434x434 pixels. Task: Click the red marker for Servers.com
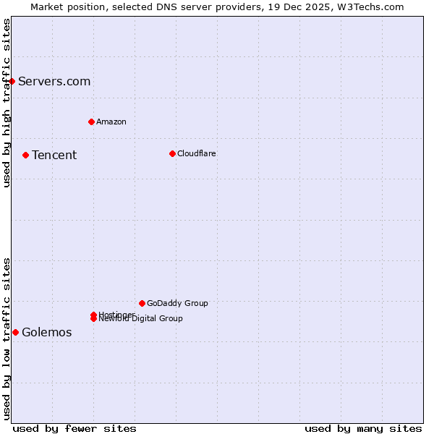tap(12, 81)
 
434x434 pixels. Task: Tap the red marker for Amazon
tap(91, 122)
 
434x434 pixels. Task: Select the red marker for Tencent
tap(25, 155)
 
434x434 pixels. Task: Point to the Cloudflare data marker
tap(172, 153)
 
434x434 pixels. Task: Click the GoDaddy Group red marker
tap(142, 303)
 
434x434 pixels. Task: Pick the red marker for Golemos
tap(15, 332)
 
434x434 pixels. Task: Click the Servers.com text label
tap(54, 81)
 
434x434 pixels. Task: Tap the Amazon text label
tap(111, 122)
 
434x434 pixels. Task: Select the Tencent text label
tap(54, 155)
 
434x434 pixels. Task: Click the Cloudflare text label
tap(197, 153)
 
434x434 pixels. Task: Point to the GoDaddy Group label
tap(177, 303)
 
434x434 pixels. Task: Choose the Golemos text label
tap(47, 332)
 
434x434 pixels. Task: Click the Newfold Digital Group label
tap(141, 319)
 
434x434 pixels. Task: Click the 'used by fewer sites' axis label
tap(75, 428)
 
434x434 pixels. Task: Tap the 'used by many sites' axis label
tap(363, 428)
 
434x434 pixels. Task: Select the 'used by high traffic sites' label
tap(7, 103)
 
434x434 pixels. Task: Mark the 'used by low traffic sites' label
tap(7, 339)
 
